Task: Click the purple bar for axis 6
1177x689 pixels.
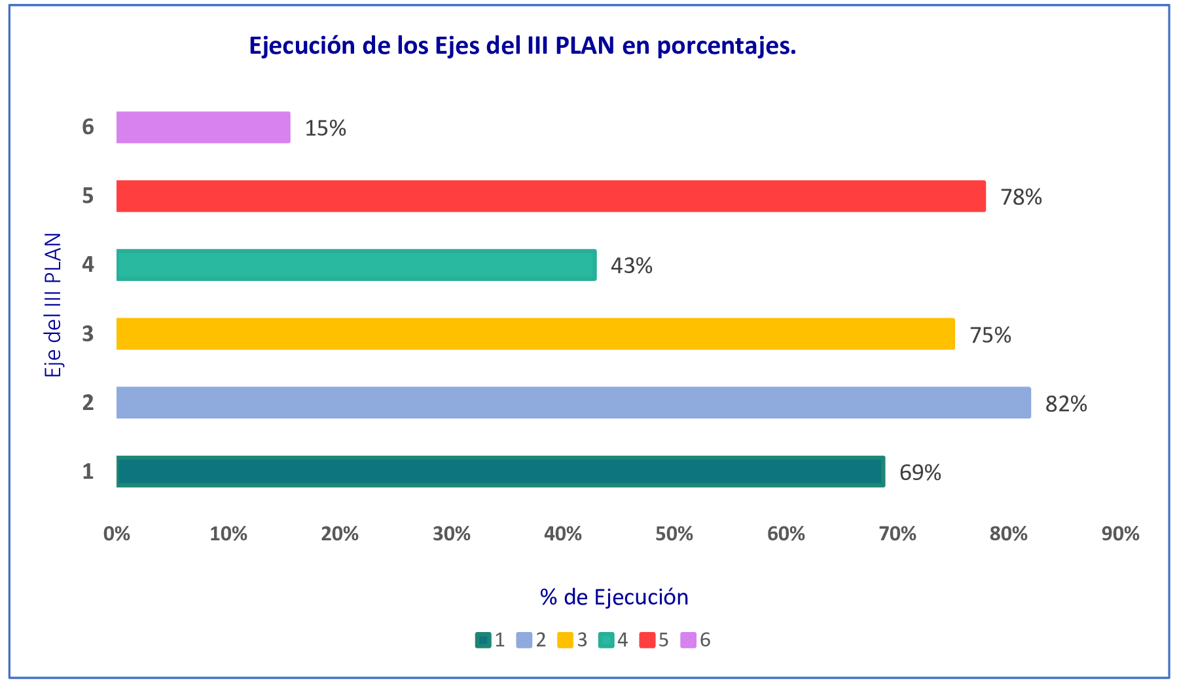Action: click(x=203, y=127)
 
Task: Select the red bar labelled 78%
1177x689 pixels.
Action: click(x=551, y=196)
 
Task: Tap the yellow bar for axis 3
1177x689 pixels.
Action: click(x=535, y=333)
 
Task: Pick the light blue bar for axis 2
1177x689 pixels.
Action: click(x=573, y=402)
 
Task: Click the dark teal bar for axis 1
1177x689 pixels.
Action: click(x=500, y=472)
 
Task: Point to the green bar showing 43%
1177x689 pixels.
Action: click(x=356, y=265)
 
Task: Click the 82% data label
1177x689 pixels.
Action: click(x=1066, y=404)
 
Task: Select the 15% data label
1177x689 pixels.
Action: click(x=325, y=128)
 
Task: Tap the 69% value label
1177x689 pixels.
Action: click(x=920, y=473)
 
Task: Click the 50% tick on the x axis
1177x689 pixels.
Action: click(x=674, y=534)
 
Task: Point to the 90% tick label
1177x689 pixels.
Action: click(x=1120, y=534)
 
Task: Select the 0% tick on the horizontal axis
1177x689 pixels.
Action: click(x=117, y=534)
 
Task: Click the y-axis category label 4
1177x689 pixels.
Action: click(x=88, y=265)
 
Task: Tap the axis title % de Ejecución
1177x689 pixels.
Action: click(x=614, y=597)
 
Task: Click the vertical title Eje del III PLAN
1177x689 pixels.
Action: click(x=53, y=305)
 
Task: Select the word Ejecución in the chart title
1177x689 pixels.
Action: click(x=302, y=46)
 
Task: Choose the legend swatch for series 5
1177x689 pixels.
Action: click(x=647, y=640)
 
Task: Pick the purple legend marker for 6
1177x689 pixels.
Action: click(x=688, y=640)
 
